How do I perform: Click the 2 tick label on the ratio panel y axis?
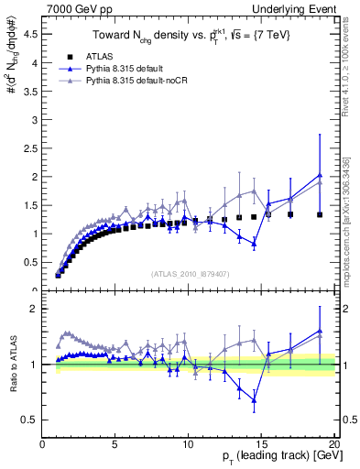click(34, 309)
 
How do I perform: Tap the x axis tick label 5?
click(115, 444)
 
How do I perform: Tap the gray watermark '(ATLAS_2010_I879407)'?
click(189, 272)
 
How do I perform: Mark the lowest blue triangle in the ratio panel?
click(254, 400)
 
